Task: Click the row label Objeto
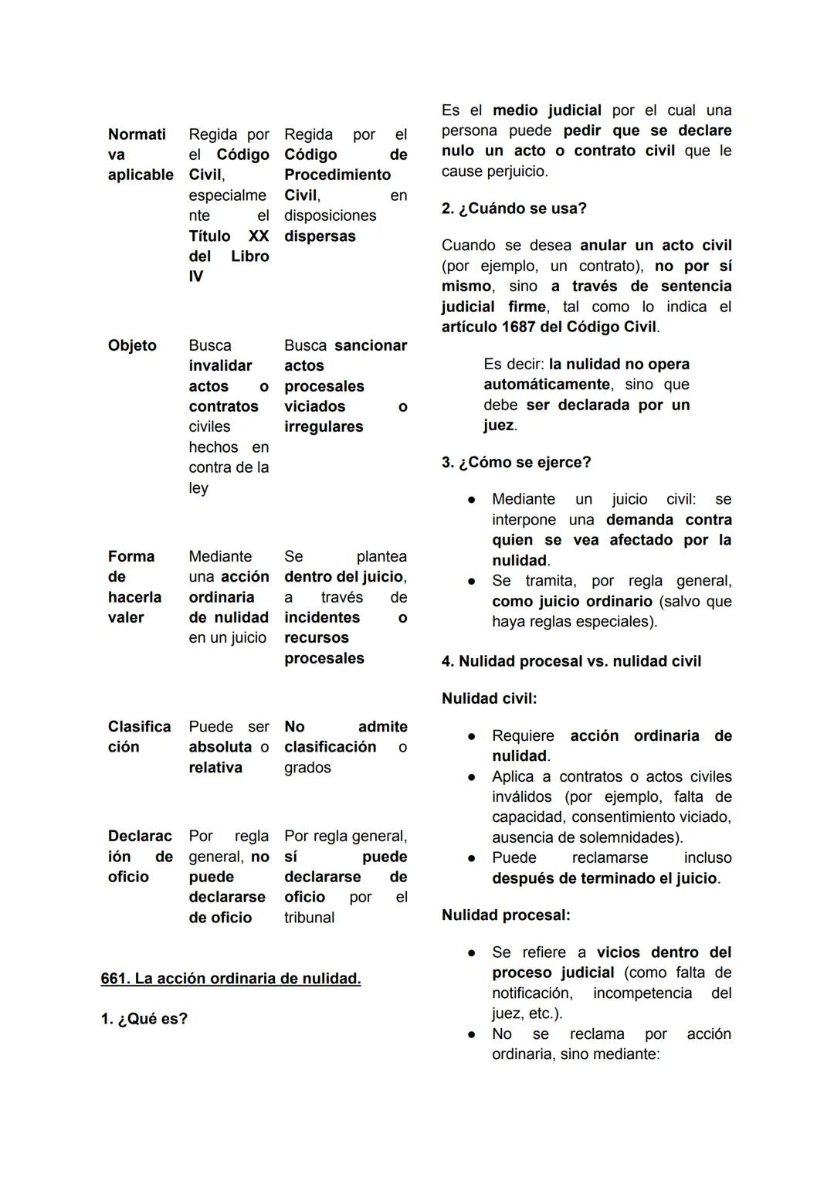(x=132, y=345)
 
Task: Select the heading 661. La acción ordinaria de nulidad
(x=231, y=979)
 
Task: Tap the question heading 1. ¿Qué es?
(x=144, y=1019)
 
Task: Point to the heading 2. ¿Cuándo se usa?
(x=514, y=209)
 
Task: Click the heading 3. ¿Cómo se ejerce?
(x=516, y=462)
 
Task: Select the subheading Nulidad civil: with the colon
(x=489, y=698)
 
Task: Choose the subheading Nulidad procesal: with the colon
(x=506, y=915)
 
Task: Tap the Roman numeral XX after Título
(x=258, y=236)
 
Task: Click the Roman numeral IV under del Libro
(x=196, y=277)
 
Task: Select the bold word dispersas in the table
(x=320, y=236)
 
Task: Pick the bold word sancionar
(x=370, y=345)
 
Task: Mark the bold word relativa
(x=215, y=767)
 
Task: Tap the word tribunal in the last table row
(x=309, y=918)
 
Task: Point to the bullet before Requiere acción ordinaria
(x=471, y=736)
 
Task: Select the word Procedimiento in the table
(x=337, y=175)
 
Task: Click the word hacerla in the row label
(x=134, y=597)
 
